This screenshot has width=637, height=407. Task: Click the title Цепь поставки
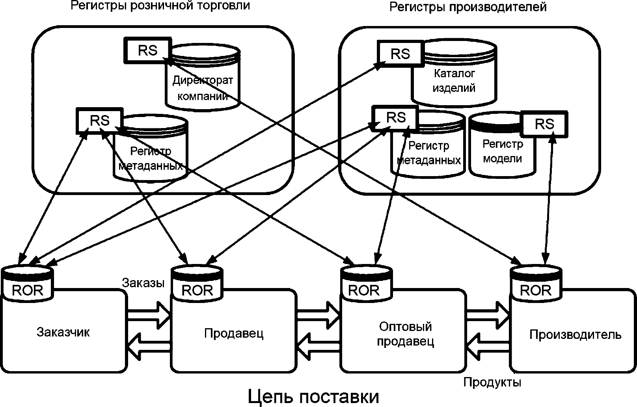[x=313, y=396]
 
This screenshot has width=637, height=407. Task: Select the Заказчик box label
[x=63, y=332]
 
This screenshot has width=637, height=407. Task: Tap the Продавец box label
[x=234, y=333]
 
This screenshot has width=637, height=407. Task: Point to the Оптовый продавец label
[x=405, y=334]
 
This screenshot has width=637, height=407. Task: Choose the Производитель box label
[x=575, y=335]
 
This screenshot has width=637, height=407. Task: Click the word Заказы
[x=143, y=282]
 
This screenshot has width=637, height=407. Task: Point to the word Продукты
[x=492, y=382]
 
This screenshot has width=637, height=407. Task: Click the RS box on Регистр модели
[x=545, y=124]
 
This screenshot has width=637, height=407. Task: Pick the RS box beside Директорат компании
[x=147, y=50]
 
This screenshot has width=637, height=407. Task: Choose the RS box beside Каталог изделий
[x=400, y=54]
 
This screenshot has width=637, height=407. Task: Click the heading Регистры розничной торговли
[x=160, y=6]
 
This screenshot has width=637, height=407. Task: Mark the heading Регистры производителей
[x=468, y=7]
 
